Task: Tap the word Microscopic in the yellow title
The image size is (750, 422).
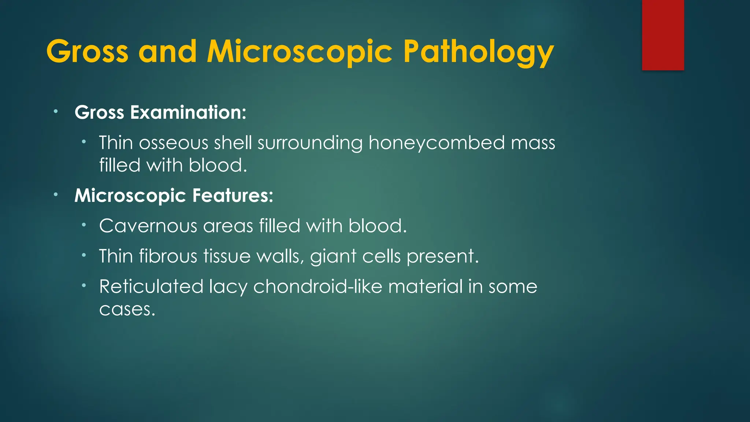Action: click(x=300, y=52)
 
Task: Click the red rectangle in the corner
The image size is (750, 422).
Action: click(x=663, y=35)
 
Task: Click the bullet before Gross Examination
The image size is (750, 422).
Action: click(x=55, y=111)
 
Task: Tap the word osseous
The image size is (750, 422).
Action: click(x=174, y=143)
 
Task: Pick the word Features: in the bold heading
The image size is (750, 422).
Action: click(x=233, y=195)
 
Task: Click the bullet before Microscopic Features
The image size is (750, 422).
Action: click(x=55, y=195)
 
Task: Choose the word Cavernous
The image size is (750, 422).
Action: click(x=148, y=226)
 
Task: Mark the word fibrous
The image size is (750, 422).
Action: click(x=168, y=256)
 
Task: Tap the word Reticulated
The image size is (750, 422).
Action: click(x=151, y=286)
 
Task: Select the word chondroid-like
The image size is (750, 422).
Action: click(x=318, y=286)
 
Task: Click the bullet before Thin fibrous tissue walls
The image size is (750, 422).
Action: click(x=84, y=255)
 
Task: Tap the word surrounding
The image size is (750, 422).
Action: click(x=310, y=143)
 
